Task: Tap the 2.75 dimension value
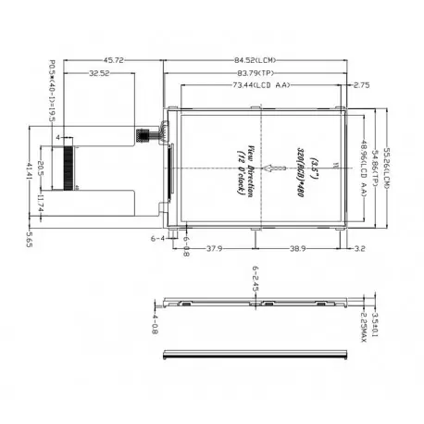(361, 85)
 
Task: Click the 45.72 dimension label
(114, 61)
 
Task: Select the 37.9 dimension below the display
(214, 248)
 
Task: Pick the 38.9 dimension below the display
(298, 248)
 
